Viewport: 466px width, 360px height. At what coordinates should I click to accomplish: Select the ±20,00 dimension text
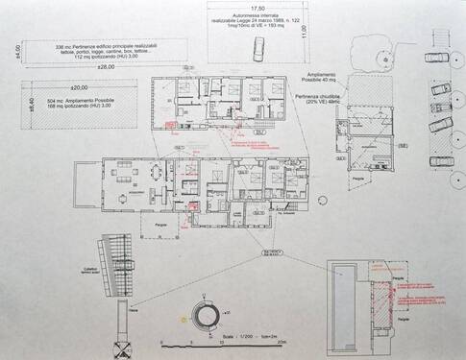(65, 83)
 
